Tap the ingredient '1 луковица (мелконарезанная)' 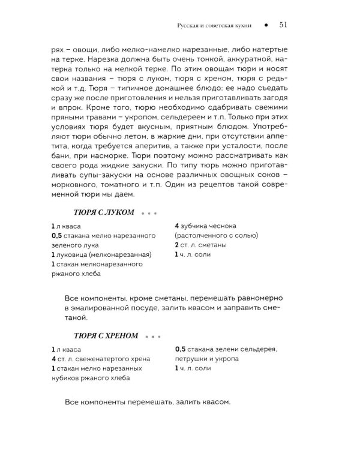tap(101, 254)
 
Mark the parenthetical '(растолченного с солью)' tap(217, 235)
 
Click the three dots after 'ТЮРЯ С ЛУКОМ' tap(149, 212)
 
